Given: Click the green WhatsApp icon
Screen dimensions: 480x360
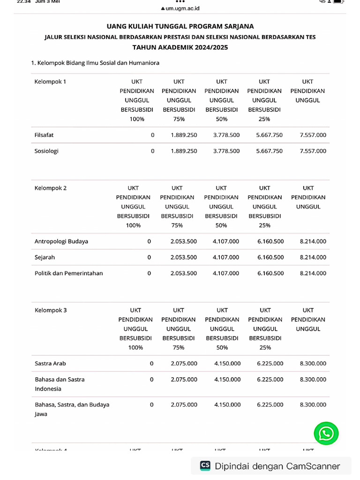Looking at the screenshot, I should (326, 433).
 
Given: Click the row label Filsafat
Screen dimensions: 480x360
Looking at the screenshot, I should (44, 135).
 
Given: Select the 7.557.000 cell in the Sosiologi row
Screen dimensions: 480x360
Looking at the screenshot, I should (313, 151).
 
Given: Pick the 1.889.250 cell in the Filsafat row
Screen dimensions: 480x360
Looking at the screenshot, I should (184, 135).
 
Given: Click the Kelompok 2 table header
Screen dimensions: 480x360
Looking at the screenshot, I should (51, 188).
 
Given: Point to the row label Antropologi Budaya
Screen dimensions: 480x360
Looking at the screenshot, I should (61, 241).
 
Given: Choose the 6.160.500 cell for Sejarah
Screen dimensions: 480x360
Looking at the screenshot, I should (270, 257).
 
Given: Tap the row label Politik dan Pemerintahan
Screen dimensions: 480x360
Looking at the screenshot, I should (68, 273).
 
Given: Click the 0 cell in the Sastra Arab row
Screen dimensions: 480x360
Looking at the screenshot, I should (151, 363).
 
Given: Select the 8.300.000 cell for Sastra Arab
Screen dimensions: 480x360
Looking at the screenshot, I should (313, 363).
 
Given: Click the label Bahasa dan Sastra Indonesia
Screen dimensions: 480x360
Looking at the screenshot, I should (60, 384).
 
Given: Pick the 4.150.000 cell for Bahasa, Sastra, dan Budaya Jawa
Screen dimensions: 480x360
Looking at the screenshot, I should (227, 405).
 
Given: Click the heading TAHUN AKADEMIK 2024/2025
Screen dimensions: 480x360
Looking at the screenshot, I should (180, 47).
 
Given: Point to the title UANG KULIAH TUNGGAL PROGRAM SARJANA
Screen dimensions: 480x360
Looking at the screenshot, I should (180, 26).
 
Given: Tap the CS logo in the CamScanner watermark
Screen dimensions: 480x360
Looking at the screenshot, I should (205, 465).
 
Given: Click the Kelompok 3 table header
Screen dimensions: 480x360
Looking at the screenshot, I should (51, 310).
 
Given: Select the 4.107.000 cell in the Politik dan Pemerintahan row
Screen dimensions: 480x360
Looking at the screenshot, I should (225, 273).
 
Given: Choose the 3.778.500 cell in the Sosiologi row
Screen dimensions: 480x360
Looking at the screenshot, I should (226, 151).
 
